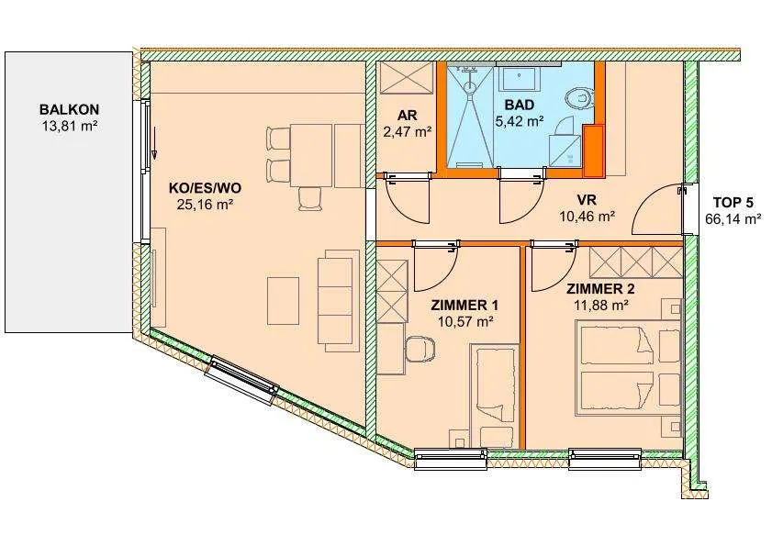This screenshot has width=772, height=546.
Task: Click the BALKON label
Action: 70,109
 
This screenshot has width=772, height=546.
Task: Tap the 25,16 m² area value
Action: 205,205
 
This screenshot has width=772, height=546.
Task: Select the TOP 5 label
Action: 733,203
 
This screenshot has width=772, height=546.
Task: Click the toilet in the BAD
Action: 579,97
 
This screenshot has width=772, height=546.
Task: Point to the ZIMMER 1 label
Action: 464,306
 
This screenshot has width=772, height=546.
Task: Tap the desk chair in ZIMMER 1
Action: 420,349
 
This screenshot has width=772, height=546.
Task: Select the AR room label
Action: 408,116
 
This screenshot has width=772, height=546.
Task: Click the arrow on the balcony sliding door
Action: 153,143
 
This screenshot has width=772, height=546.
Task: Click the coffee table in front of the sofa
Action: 283,300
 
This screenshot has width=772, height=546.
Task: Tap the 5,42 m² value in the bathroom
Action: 519,121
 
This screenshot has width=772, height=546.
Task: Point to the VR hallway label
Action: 587,200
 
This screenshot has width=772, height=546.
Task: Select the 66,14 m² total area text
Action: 733,219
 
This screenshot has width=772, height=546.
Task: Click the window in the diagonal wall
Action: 241,380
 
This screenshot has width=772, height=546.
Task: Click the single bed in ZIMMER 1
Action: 494,396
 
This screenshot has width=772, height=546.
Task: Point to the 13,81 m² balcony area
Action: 70,126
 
